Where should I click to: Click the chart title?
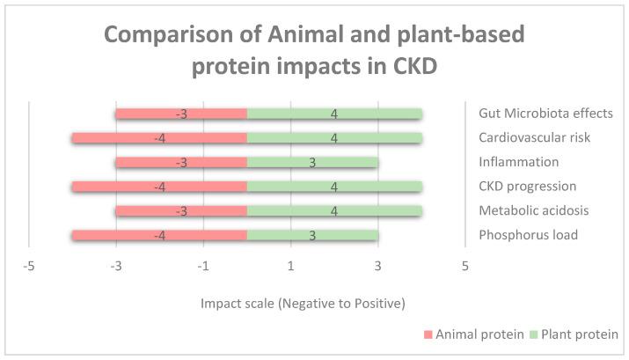pos(314,52)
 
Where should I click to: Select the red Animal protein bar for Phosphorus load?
pos(159,235)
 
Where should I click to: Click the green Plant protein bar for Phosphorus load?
pos(312,235)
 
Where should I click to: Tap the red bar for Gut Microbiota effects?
pos(181,114)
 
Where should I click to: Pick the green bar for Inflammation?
pos(312,162)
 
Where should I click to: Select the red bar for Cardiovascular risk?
pos(159,138)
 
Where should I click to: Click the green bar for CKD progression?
pos(334,187)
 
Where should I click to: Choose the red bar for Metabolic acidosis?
pos(181,210)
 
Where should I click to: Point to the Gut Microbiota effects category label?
pos(545,114)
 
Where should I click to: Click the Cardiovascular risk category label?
pos(534,138)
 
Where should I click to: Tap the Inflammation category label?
pos(519,162)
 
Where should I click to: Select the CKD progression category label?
pos(528,187)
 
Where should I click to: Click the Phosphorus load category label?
pos(529,235)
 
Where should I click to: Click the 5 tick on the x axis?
pos(464,267)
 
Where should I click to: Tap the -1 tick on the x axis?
pos(202,267)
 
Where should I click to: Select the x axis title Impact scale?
pos(303,304)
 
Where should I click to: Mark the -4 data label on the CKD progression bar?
pos(159,187)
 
